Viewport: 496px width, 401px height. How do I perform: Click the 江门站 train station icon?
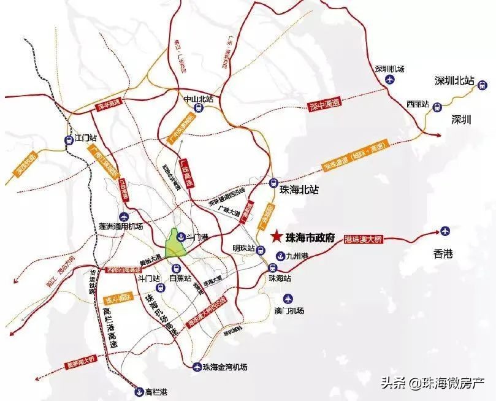[x=69, y=139]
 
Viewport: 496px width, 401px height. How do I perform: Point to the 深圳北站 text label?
[x=454, y=80]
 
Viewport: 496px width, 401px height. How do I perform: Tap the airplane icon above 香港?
[x=446, y=231]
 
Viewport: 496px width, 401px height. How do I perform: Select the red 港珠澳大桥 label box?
[x=364, y=240]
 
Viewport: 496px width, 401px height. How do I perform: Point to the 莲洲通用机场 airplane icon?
[x=124, y=216]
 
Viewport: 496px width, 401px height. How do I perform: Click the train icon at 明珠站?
[x=261, y=250]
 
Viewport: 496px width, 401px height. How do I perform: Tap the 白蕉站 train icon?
[x=176, y=267]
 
